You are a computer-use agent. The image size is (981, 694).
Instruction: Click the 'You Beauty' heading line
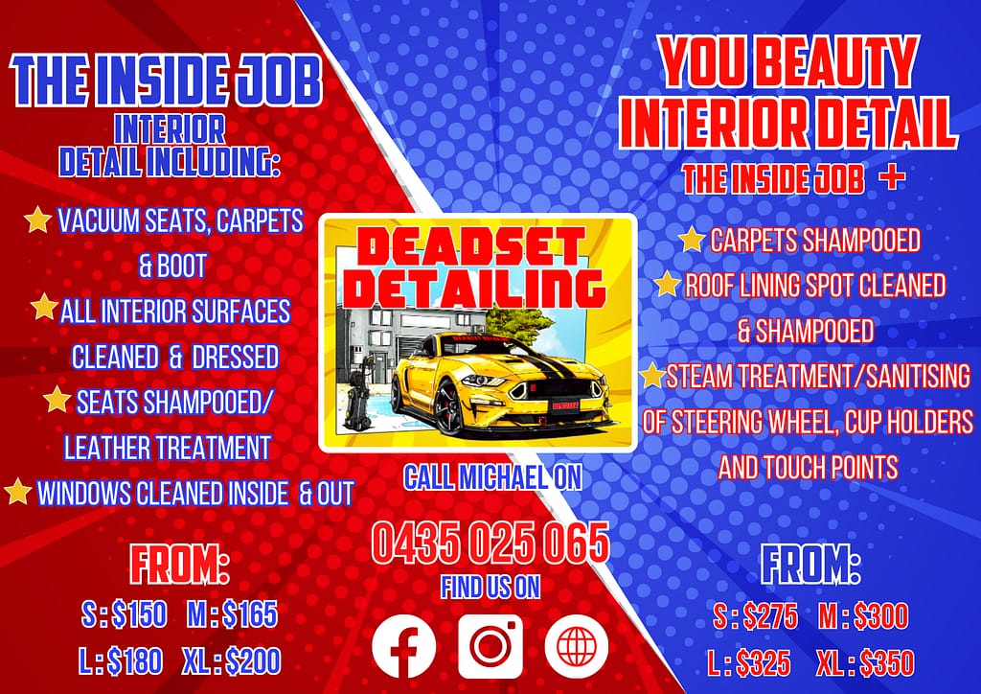(788, 65)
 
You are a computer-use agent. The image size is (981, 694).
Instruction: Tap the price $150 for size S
(140, 613)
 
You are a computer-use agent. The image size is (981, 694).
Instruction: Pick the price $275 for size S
(769, 616)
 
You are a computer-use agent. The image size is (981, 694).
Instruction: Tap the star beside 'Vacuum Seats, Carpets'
(37, 220)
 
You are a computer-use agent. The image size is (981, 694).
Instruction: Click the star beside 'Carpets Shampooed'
(692, 239)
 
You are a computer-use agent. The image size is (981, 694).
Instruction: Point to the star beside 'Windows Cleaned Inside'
(17, 493)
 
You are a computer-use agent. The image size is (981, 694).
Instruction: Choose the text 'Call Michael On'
(491, 476)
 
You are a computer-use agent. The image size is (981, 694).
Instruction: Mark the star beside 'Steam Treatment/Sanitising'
(653, 376)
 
